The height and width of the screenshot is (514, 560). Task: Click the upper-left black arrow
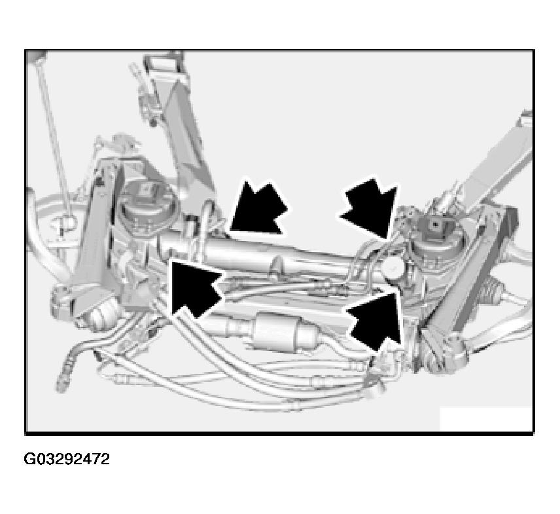(x=258, y=210)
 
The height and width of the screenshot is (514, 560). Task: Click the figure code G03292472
(x=67, y=459)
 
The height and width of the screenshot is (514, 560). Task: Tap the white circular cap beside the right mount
(x=393, y=265)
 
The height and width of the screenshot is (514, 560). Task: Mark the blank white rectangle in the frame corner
(x=485, y=419)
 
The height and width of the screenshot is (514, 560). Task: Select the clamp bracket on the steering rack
(x=277, y=266)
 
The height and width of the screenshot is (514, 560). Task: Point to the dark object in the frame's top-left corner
(x=37, y=57)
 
